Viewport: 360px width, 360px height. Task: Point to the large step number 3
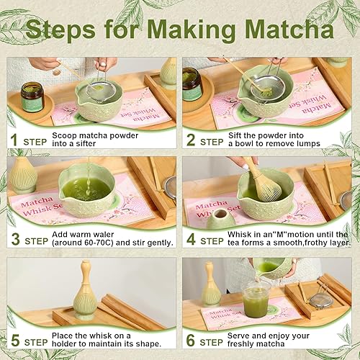click(14, 240)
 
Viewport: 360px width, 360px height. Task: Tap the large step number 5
click(14, 341)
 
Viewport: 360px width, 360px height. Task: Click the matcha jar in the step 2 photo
click(192, 84)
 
